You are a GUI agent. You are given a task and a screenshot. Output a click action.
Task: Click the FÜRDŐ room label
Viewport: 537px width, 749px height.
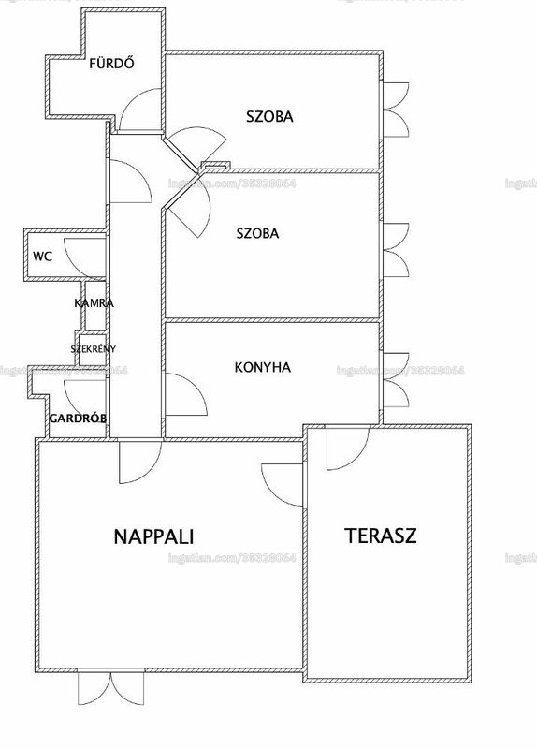(x=111, y=63)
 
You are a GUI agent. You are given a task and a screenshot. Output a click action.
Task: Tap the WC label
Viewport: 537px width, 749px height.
(x=42, y=257)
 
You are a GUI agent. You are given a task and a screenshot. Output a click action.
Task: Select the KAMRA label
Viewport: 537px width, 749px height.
(x=94, y=302)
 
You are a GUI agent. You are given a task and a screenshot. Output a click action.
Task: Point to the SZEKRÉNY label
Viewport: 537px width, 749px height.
(x=93, y=348)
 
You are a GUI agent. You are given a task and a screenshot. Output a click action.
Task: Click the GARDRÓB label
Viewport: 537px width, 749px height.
(x=78, y=419)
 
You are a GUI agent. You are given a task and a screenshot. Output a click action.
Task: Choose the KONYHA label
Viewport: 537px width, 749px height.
(x=263, y=367)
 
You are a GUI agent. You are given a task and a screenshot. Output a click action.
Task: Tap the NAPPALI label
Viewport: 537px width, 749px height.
(x=153, y=536)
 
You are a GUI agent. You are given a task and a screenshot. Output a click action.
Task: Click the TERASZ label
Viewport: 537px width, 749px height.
(x=381, y=536)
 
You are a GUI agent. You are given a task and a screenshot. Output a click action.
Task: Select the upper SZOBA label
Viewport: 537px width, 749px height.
(x=269, y=116)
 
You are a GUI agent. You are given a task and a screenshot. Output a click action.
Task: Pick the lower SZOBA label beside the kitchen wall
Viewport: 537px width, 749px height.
(x=258, y=233)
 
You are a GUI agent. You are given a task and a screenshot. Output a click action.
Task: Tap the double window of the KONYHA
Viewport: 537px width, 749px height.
(x=396, y=380)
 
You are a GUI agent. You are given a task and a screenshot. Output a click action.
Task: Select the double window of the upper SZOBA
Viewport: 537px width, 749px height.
(x=396, y=110)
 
